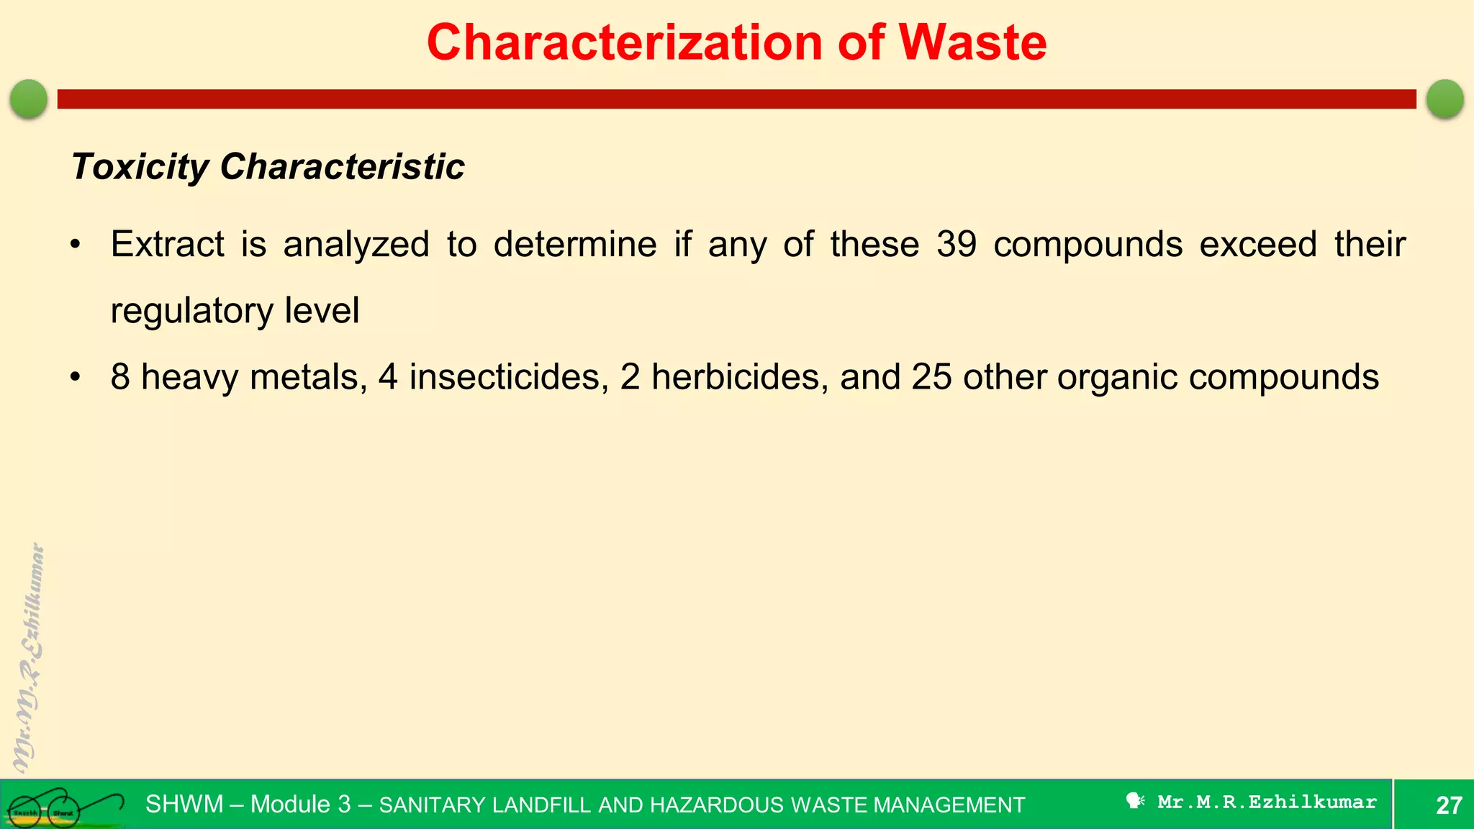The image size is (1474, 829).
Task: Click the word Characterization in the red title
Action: click(x=624, y=42)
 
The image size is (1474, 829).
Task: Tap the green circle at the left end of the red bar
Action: click(x=29, y=99)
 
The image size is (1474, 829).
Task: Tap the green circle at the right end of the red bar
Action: click(x=1444, y=99)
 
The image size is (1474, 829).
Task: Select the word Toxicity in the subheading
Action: click(x=140, y=167)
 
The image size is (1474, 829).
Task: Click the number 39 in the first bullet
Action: click(x=957, y=244)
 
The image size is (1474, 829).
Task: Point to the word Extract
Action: click(x=167, y=244)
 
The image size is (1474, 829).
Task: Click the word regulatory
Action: click(x=192, y=311)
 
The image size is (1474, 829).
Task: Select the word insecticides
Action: click(x=505, y=377)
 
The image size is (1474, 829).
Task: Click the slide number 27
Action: click(x=1449, y=805)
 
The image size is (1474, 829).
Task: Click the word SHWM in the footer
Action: click(x=184, y=804)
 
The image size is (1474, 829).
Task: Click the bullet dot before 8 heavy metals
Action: click(x=76, y=377)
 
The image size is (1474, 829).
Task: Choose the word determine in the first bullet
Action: click(x=575, y=244)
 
